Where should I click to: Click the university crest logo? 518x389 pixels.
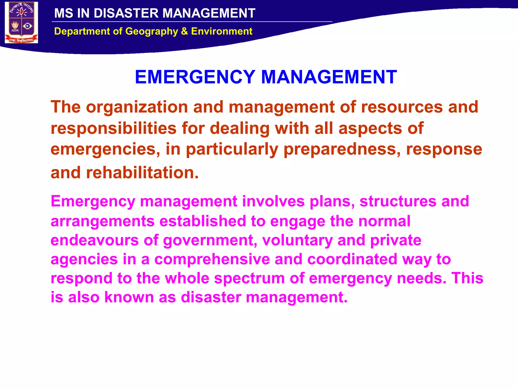point(21,23)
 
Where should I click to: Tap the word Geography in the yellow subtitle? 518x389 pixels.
point(152,31)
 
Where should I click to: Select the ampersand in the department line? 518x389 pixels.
point(184,31)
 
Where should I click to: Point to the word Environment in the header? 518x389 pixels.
point(222,31)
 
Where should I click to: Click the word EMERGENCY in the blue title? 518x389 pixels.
point(195,77)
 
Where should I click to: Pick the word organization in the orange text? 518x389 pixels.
point(137,107)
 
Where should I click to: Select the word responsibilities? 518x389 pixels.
point(113,128)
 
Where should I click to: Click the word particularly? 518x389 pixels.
point(232,149)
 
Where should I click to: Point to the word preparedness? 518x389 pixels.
point(342,149)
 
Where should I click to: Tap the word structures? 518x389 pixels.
point(398,201)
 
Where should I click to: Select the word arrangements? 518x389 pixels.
point(102,221)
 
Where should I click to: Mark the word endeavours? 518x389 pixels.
point(95,240)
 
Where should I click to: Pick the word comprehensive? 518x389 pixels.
point(212,259)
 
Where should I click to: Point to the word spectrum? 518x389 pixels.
point(249,278)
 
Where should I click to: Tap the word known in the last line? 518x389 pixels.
point(129,297)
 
